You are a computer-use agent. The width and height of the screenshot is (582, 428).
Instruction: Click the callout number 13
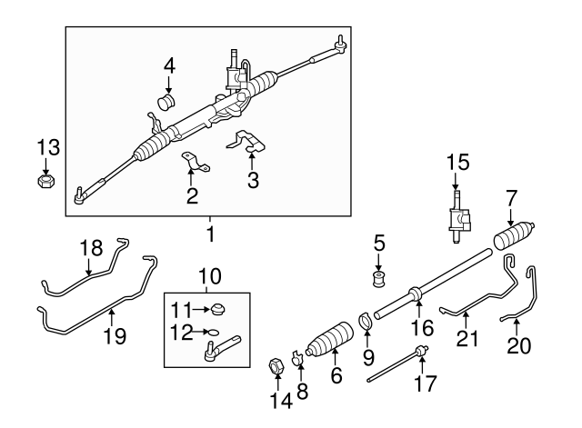click(x=46, y=147)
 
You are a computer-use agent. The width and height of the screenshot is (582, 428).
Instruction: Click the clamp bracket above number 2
click(x=191, y=164)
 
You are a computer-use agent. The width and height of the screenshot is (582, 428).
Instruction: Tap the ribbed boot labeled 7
click(x=516, y=238)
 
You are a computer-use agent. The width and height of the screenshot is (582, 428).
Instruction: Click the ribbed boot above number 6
click(x=332, y=345)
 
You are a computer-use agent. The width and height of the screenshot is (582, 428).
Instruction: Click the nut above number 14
click(x=276, y=368)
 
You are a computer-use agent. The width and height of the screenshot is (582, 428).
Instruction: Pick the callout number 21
click(x=466, y=340)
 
